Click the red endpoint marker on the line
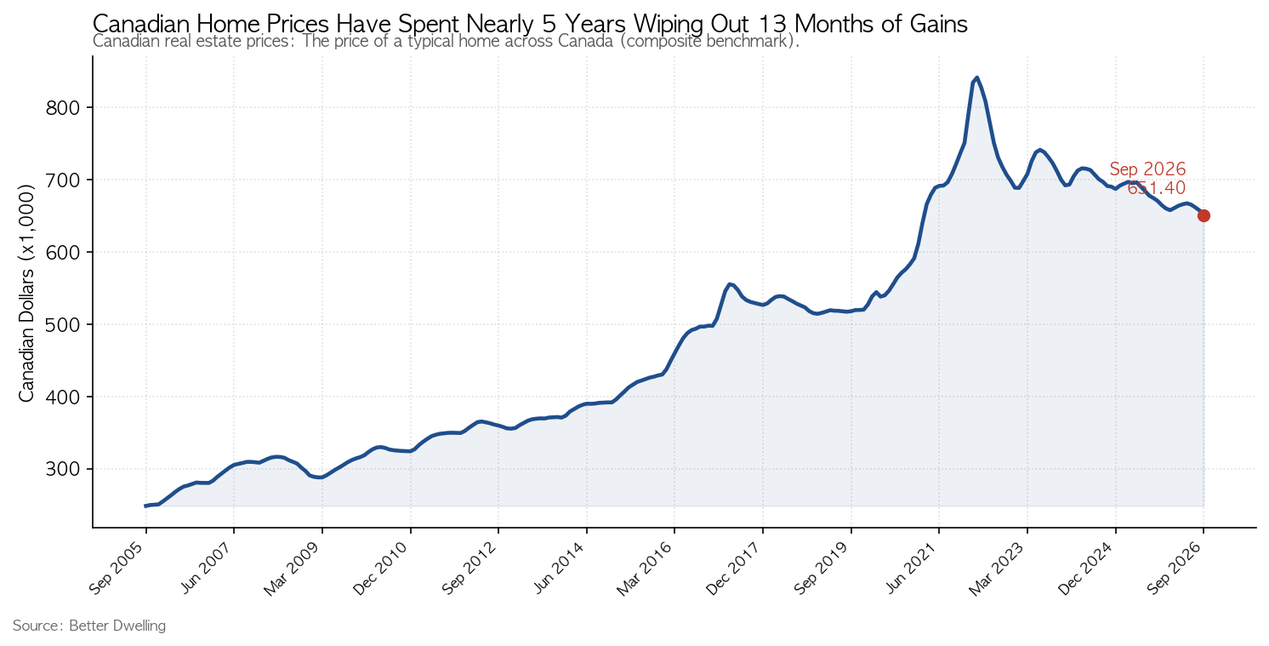pyautogui.click(x=1204, y=216)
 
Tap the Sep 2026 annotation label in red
pyautogui.click(x=1147, y=169)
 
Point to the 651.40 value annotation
pyautogui.click(x=1156, y=187)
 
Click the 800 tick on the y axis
pyautogui.click(x=62, y=107)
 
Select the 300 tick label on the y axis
pyautogui.click(x=62, y=469)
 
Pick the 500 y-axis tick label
pyautogui.click(x=62, y=324)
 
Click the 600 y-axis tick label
pyautogui.click(x=62, y=252)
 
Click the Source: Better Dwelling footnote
pyautogui.click(x=89, y=626)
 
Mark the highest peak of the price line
pyautogui.click(x=976, y=77)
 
